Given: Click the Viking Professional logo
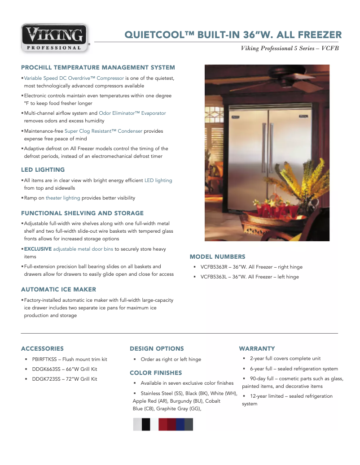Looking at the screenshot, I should (x=55, y=38).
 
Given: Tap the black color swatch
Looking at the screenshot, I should (x=146, y=424).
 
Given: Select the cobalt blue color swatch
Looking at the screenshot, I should (x=180, y=424).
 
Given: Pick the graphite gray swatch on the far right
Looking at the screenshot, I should (x=189, y=424).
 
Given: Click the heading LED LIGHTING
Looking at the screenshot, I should (x=43, y=170).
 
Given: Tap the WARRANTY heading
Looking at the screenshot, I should (x=257, y=348).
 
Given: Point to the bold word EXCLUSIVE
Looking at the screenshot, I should (x=38, y=249).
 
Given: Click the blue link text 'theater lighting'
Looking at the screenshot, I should (x=63, y=198).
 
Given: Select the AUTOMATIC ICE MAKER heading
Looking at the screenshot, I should (x=58, y=289).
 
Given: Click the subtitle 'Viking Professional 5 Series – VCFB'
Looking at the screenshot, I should (x=290, y=48).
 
